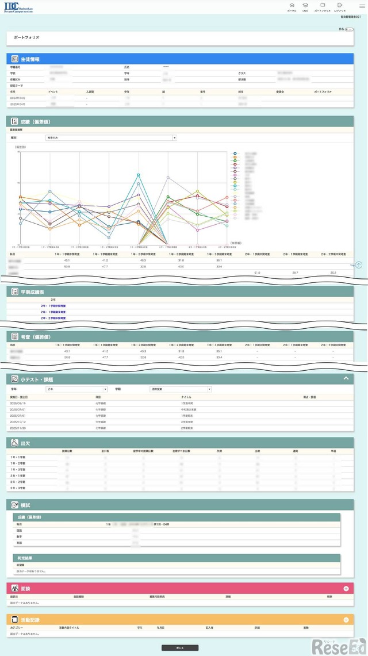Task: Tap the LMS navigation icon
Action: pos(305,7)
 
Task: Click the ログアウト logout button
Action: pos(340,7)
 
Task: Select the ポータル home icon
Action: pos(292,7)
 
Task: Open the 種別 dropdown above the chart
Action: pos(111,138)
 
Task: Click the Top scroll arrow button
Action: pos(359,265)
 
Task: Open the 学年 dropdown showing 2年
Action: pos(76,389)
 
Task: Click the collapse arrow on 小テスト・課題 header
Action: pos(346,379)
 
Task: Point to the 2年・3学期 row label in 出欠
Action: pos(17,488)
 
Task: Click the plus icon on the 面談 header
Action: pos(346,589)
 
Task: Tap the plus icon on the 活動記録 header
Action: pos(346,620)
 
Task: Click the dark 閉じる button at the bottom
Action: pos(179,648)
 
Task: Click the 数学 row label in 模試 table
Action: pos(20,536)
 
